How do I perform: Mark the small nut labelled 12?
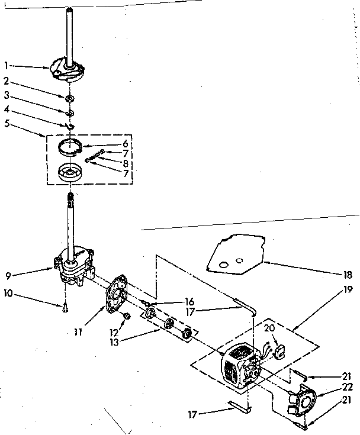point(125,318)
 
